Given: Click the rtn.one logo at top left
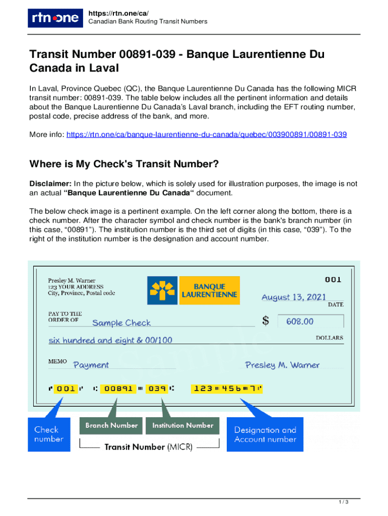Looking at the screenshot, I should [53, 18].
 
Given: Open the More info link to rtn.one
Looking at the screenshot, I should [207, 135].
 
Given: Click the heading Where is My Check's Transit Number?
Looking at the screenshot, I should [124, 164].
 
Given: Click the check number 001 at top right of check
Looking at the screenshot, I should [333, 279].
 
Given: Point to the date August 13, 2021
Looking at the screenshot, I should [294, 297].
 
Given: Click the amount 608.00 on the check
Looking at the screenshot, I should [300, 321].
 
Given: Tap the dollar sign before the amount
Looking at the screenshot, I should [266, 321].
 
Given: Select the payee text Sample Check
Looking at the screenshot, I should [121, 322].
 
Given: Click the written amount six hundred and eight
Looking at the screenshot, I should [110, 340].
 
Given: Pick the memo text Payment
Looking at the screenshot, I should [91, 364].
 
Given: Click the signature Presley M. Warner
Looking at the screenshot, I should [282, 364].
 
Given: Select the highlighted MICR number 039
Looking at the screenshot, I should [158, 389].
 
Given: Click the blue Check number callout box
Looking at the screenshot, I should [49, 434].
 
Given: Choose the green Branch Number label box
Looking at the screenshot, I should [111, 426].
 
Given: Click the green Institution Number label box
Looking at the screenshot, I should [182, 426].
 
